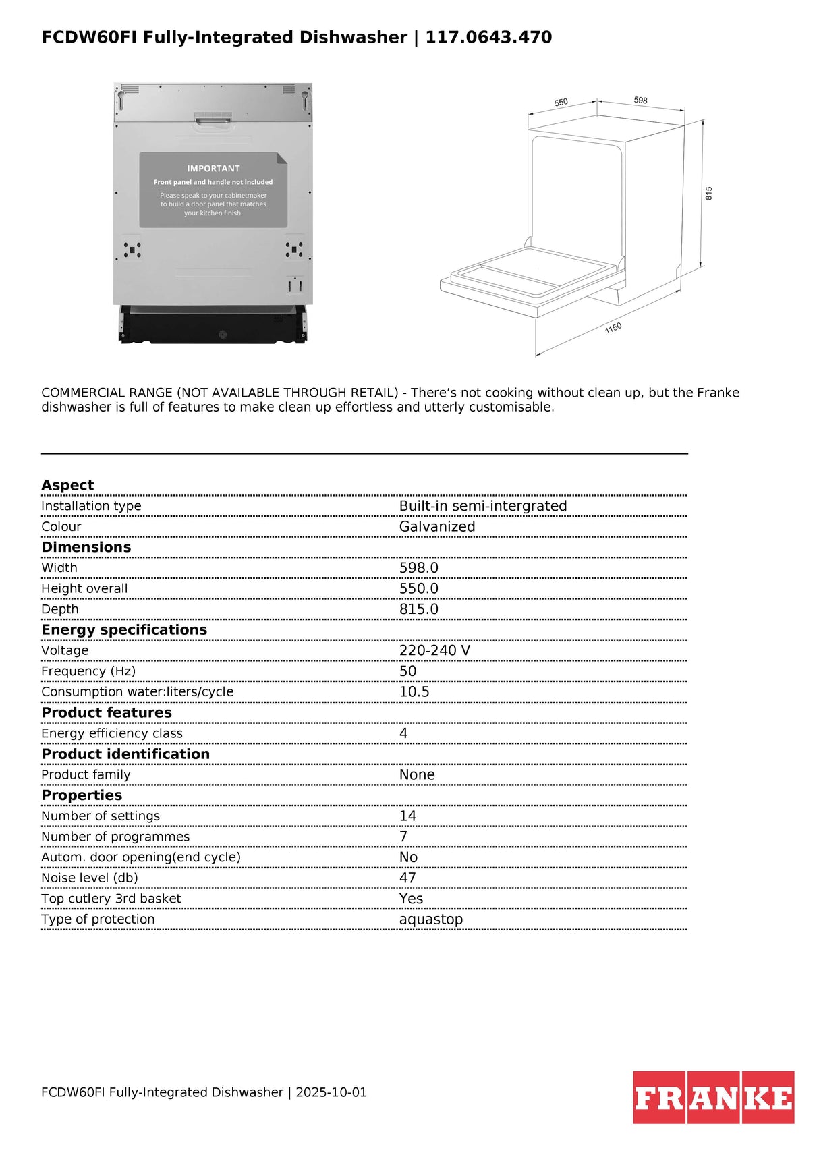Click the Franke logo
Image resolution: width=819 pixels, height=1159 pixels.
713,1097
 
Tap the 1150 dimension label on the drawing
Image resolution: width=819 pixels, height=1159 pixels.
613,328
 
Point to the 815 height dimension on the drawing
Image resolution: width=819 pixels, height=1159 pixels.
708,193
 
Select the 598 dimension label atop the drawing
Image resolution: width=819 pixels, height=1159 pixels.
640,100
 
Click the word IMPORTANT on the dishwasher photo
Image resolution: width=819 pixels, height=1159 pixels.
213,169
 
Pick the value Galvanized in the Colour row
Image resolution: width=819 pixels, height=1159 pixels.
436,526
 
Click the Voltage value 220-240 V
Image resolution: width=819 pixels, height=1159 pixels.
434,650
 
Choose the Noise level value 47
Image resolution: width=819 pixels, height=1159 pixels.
407,878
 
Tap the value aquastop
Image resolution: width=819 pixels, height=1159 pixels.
430,919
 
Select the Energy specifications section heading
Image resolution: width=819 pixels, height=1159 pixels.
124,629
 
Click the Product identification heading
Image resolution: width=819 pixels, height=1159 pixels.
125,754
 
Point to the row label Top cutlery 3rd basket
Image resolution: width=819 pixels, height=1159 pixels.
111,899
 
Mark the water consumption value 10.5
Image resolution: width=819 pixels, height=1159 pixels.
414,691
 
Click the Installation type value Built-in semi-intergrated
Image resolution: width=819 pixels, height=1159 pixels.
482,506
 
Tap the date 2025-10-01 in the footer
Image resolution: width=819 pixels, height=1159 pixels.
331,1092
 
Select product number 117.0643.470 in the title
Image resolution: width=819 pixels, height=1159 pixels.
488,37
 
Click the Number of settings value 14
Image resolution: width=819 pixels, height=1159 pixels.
407,816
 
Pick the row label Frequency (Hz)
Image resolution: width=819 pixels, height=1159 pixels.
88,671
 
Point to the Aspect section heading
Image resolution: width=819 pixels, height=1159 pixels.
67,485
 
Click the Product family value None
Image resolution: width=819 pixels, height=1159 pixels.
417,774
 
